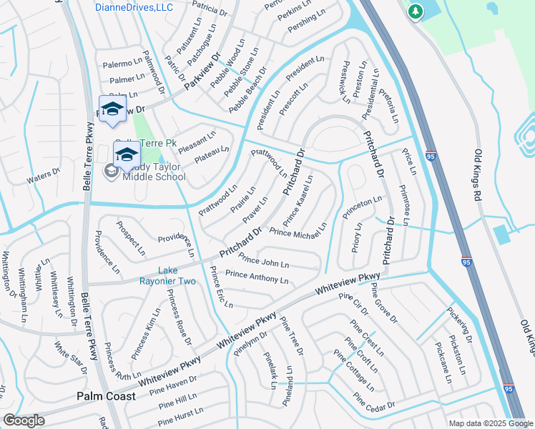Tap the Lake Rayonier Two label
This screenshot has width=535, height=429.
tap(177, 275)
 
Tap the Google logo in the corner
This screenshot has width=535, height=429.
tap(24, 420)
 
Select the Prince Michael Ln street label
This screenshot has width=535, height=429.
tap(298, 229)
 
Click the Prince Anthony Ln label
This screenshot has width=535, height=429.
tap(257, 277)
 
